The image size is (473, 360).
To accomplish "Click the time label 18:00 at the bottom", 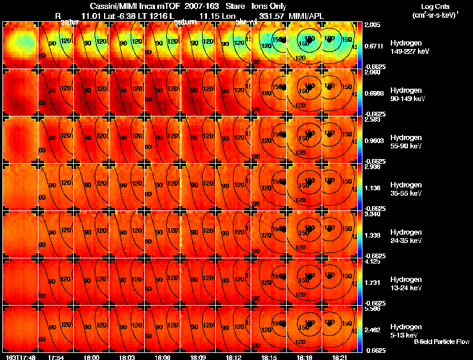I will click(91, 357).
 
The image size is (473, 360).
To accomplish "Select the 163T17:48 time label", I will click(18, 357).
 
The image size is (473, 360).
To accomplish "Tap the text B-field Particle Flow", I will click(442, 342).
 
